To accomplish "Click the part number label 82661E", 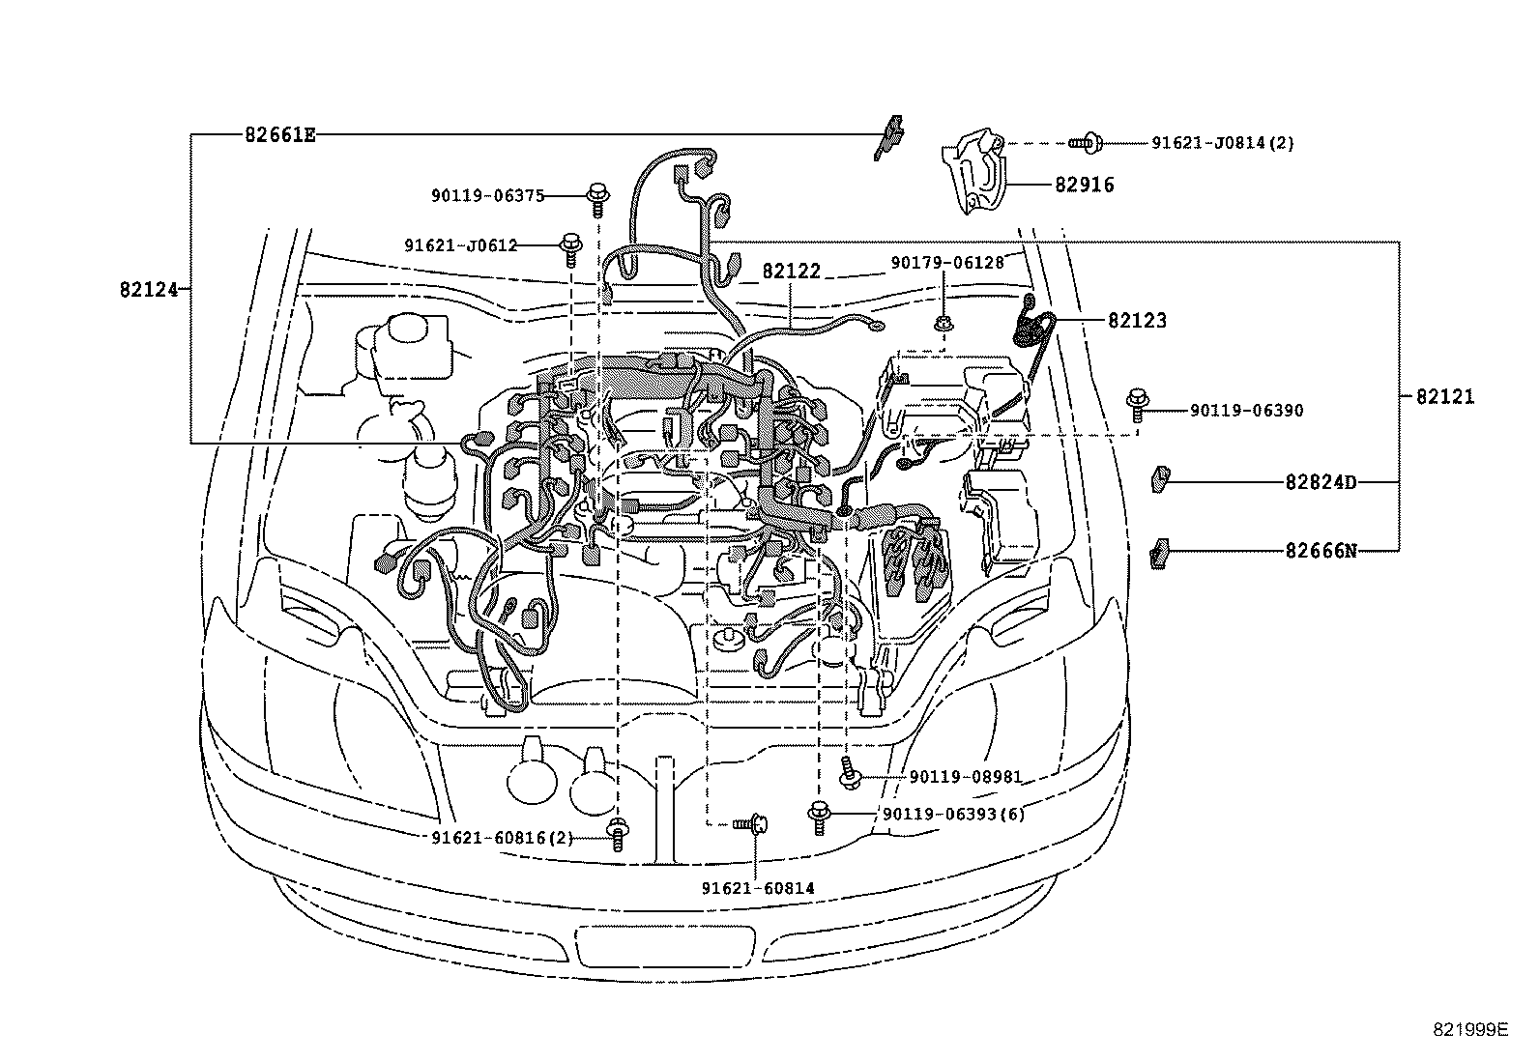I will [x=279, y=134].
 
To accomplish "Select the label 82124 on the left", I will [x=149, y=288].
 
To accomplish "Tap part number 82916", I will [x=1084, y=185].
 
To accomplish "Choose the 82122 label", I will [x=791, y=272].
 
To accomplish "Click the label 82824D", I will [x=1320, y=481].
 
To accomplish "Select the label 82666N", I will [x=1321, y=551].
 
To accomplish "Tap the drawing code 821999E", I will [x=1469, y=1029].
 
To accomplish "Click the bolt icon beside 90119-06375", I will [x=597, y=198].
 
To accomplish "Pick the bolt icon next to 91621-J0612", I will [x=571, y=246].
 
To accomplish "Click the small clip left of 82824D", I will [x=1160, y=478].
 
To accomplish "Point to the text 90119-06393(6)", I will [x=953, y=814].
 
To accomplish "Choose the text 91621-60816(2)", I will [x=502, y=838].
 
